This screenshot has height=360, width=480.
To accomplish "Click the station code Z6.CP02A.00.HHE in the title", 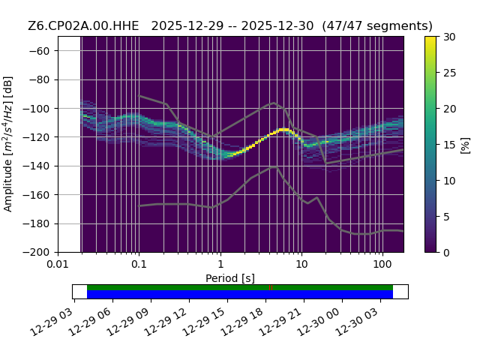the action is coord(83,26).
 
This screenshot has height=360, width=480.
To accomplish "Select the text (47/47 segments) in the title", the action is coord(377,26).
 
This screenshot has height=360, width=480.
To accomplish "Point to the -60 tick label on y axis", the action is coord(39,51).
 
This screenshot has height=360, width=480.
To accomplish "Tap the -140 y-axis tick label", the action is coord(36,166).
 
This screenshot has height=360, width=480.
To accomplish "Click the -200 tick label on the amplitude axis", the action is coord(36,253).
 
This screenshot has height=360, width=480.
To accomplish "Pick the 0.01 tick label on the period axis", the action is coord(58,264).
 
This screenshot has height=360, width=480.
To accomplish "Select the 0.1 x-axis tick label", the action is coord(139,264).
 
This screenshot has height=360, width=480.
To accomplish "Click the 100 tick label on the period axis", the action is coord(382,264).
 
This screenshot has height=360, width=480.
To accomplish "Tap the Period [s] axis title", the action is coord(230,278).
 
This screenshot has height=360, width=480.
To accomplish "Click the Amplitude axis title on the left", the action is coord(8,144).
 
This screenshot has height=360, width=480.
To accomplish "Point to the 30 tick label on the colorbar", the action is coord(450,37).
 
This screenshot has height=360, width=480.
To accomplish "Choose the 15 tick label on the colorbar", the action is coord(450,145).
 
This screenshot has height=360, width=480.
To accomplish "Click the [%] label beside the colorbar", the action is coord(465,145).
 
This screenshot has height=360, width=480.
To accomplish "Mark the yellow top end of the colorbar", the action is coord(430,37).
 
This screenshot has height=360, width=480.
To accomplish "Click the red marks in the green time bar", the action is coord(271,288).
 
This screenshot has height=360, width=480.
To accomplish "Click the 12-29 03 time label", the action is coord(52,320).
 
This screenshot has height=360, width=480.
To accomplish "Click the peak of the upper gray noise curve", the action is coord(274,103).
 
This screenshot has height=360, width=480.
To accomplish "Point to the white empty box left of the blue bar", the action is coord(80,292).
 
